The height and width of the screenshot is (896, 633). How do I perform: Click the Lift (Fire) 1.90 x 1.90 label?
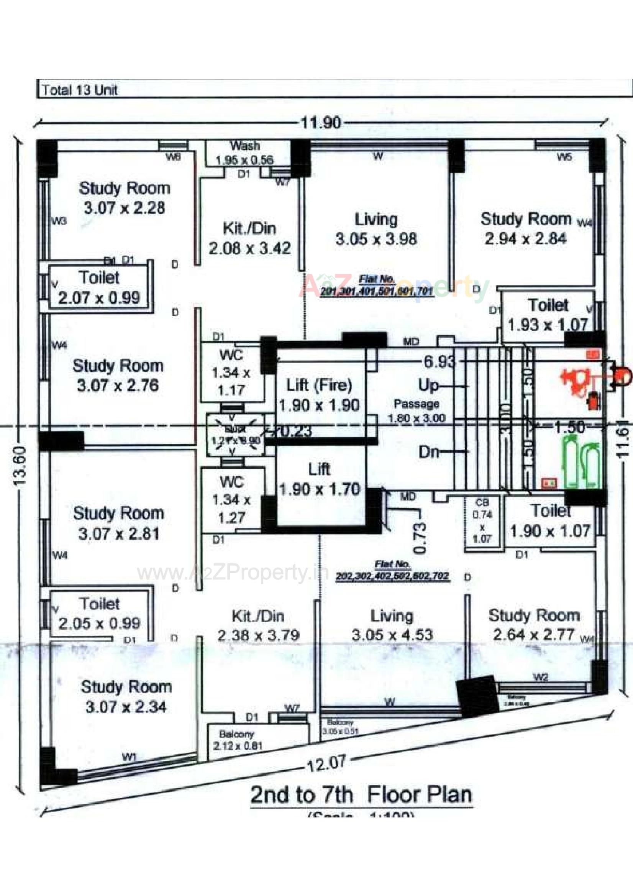pyautogui.click(x=319, y=395)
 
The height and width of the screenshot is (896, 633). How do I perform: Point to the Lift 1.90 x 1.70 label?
pyautogui.click(x=319, y=479)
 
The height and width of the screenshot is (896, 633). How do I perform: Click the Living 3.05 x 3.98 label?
pyautogui.click(x=376, y=229)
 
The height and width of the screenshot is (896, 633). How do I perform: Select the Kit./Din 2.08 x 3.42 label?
pyautogui.click(x=250, y=238)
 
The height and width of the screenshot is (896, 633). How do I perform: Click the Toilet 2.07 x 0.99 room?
pyautogui.click(x=99, y=287)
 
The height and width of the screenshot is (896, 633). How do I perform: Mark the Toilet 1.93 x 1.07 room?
pyautogui.click(x=548, y=315)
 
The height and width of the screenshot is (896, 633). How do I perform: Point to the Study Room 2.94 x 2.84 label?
pyautogui.click(x=526, y=229)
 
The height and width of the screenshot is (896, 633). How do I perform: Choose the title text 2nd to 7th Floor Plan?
pyautogui.click(x=361, y=795)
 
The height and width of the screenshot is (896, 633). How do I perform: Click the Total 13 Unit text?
pyautogui.click(x=80, y=90)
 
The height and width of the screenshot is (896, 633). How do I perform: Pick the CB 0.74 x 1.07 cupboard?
pyautogui.click(x=482, y=520)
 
